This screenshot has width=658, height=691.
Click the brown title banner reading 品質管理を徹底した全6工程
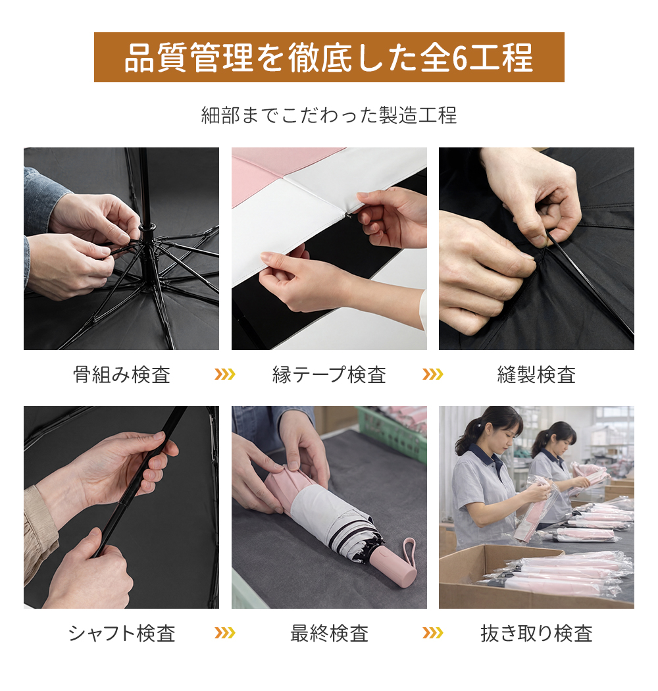[329, 57]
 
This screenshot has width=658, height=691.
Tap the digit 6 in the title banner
[459, 58]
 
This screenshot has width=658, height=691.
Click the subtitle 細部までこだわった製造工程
[329, 115]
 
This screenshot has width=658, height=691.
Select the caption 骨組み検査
[122, 374]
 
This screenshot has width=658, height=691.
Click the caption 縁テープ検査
[329, 374]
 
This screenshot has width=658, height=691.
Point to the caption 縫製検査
[536, 374]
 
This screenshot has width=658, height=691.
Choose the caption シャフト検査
[122, 633]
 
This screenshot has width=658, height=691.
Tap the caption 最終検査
[329, 633]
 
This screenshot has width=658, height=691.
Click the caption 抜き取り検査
[536, 633]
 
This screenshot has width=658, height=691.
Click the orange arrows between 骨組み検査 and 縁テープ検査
[225, 374]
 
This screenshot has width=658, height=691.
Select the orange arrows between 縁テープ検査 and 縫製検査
[432, 374]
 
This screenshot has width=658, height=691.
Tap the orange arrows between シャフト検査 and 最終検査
[225, 633]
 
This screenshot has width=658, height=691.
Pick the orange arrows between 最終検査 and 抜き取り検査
[432, 633]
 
